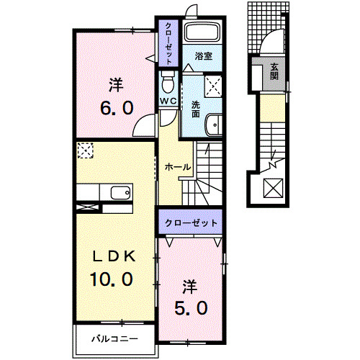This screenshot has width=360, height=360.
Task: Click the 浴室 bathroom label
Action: point(202,54)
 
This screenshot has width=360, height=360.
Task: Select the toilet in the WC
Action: point(168,78)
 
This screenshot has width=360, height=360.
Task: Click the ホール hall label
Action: point(177,167)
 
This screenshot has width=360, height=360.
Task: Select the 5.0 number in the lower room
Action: point(193,308)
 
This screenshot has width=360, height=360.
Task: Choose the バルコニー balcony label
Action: point(114,337)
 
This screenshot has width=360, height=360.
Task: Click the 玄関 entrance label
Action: point(274,71)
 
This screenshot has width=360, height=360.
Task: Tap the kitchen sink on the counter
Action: point(120,192)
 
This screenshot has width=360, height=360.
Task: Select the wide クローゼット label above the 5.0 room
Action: point(192,223)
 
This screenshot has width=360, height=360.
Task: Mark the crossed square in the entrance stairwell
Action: point(274,189)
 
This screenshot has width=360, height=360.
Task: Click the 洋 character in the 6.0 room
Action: point(115,84)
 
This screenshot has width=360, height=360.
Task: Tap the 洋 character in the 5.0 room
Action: point(189,287)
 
